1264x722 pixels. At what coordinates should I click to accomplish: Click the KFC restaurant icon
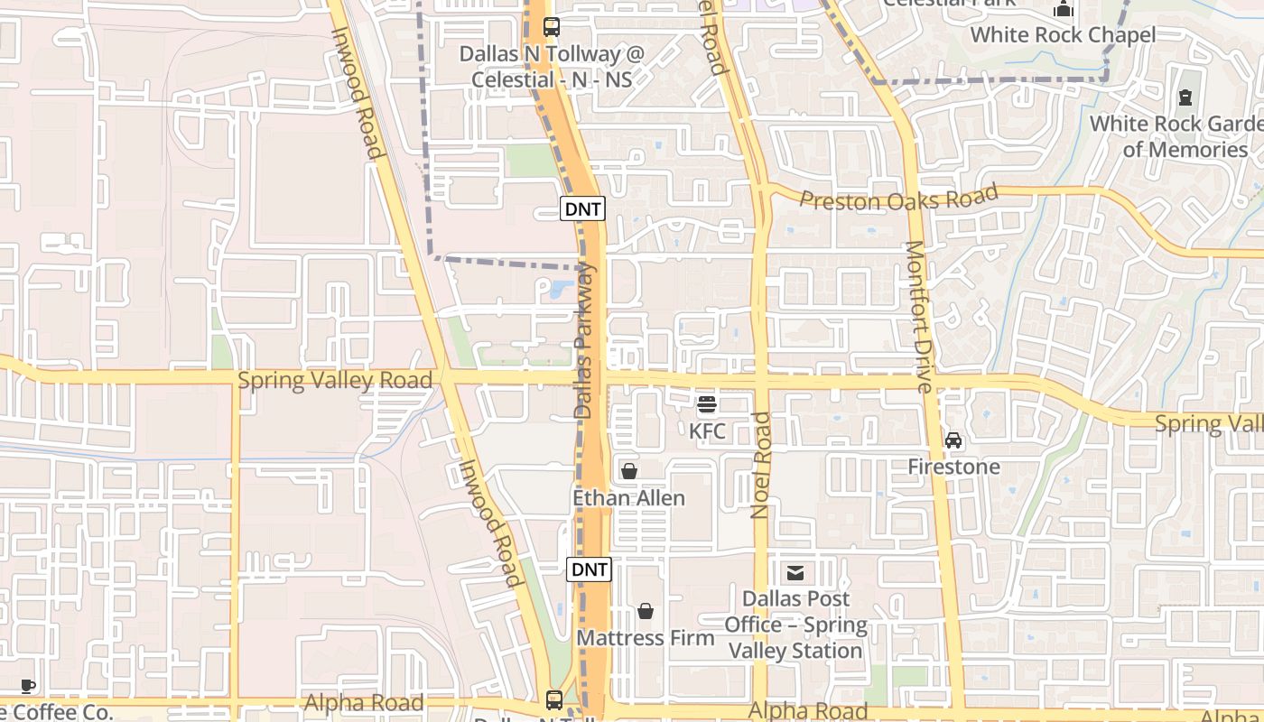click(x=707, y=404)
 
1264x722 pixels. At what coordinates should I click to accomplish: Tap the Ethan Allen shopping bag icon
click(x=629, y=471)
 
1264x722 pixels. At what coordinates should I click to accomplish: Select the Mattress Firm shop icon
click(x=646, y=612)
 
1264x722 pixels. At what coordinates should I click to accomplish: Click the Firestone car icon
click(x=953, y=440)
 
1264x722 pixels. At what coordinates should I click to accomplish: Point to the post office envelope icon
click(x=795, y=572)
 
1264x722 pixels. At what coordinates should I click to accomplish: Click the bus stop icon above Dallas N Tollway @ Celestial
click(x=552, y=27)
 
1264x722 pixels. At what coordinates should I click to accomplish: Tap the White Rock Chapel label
click(x=1063, y=35)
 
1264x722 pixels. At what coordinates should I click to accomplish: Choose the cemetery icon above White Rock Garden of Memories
click(x=1185, y=97)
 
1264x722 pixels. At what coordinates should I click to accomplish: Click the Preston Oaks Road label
click(x=899, y=198)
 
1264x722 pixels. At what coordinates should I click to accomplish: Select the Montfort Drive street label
click(x=919, y=316)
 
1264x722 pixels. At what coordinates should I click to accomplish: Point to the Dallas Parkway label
click(x=585, y=340)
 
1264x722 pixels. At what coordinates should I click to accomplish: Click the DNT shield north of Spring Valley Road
click(x=582, y=208)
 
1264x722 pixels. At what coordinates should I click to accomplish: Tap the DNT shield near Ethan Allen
click(x=589, y=569)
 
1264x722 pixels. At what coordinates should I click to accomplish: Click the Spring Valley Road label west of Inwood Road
click(x=335, y=380)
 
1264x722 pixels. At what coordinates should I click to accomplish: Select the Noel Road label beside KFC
click(x=761, y=465)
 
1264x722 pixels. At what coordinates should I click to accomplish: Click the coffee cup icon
click(x=28, y=687)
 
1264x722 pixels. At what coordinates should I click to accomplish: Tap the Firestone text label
click(x=953, y=467)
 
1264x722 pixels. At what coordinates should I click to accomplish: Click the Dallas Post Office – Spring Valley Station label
click(x=795, y=625)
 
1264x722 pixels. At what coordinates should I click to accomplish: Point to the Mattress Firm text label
click(x=646, y=638)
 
